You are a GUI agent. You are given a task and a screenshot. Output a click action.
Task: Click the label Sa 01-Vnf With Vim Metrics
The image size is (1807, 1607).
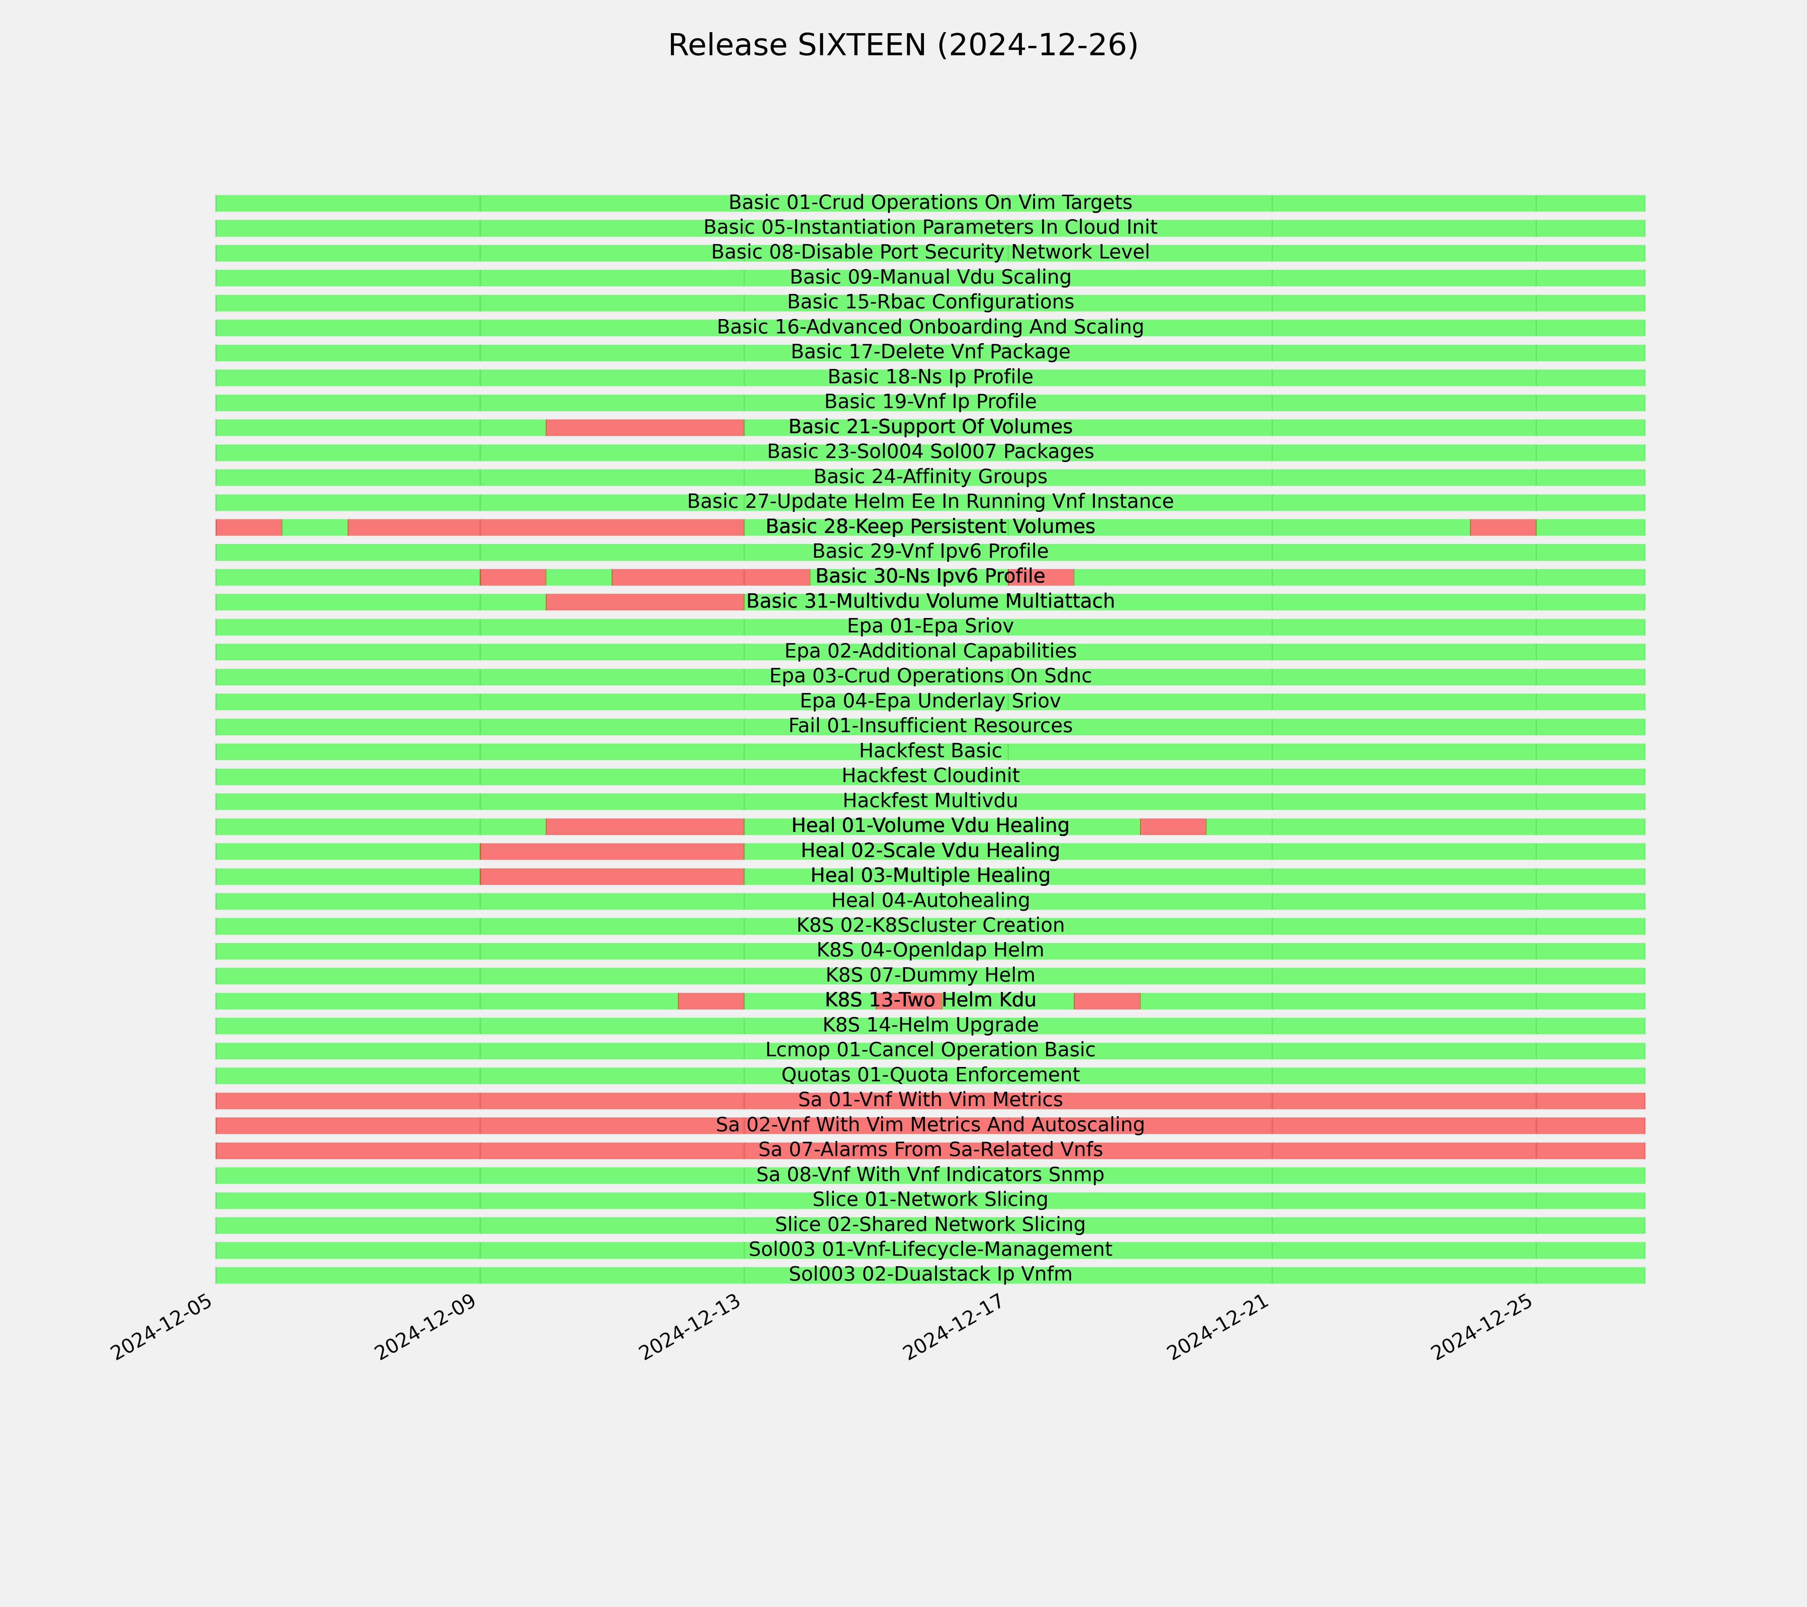click(x=930, y=1100)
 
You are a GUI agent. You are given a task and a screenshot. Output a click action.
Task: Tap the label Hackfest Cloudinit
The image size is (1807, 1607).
click(x=930, y=776)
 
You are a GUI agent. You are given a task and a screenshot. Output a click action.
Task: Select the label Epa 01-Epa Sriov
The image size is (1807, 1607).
click(x=930, y=626)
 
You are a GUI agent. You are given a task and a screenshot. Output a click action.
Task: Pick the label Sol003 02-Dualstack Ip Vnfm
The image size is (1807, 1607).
click(x=930, y=1275)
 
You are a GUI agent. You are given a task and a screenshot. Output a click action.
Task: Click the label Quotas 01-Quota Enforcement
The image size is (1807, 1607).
click(x=930, y=1075)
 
